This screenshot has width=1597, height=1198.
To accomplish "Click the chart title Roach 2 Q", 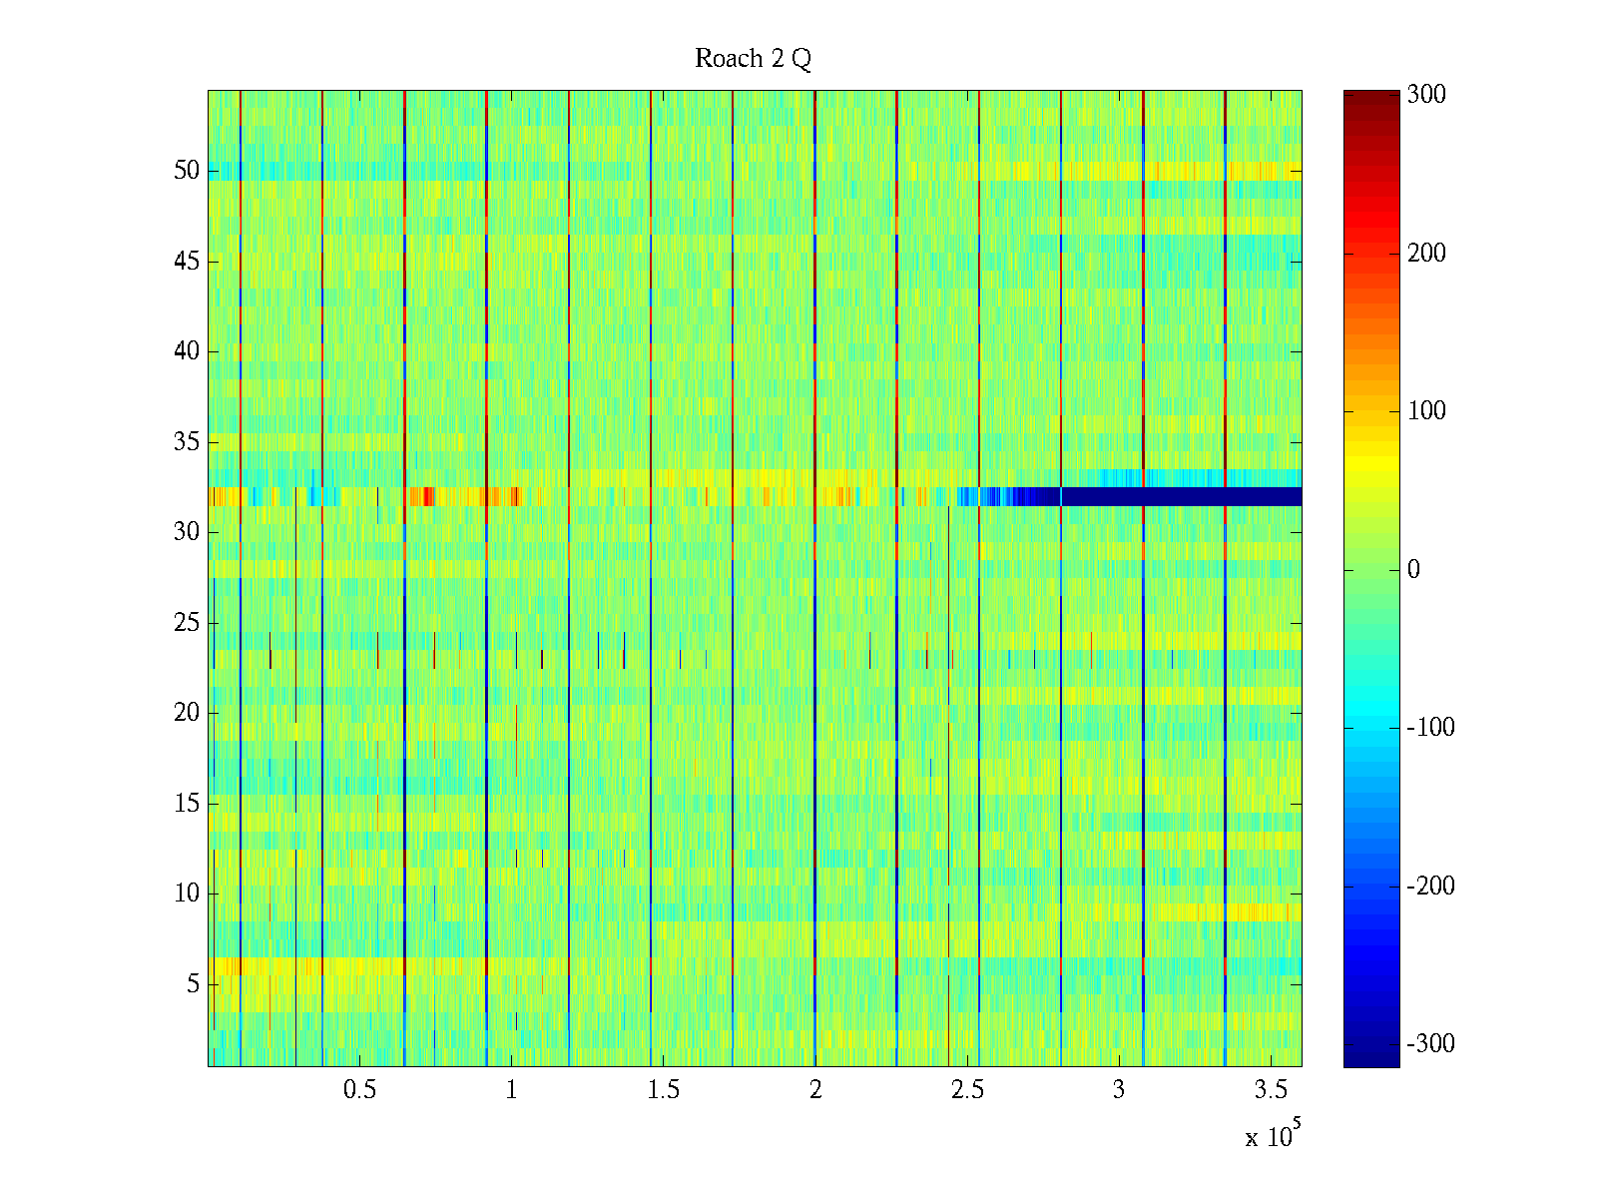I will click(753, 59).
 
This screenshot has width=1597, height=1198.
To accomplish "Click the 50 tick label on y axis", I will click(187, 171).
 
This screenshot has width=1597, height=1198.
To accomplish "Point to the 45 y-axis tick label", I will click(187, 262).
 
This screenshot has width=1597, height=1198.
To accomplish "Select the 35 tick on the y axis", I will click(187, 442).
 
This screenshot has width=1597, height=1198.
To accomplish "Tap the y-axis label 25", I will click(187, 623).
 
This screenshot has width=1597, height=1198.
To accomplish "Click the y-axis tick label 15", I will click(187, 804).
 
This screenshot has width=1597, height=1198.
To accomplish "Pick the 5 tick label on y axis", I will click(193, 984).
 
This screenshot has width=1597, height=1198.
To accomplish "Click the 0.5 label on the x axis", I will click(359, 1090).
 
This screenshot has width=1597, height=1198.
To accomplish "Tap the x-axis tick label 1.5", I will click(664, 1090).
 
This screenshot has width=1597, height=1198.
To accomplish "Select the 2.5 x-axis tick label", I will click(967, 1090).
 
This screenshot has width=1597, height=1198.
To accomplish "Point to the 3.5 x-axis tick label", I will click(1271, 1090).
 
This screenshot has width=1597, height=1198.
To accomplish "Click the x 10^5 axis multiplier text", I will click(1270, 1135).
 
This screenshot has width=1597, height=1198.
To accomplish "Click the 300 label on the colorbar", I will click(1426, 95).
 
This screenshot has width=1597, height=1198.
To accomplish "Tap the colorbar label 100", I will click(1426, 411).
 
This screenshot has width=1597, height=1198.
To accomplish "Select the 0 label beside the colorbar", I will click(1413, 570).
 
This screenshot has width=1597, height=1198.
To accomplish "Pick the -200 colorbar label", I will click(1430, 887).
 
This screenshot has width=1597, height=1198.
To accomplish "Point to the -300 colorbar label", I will click(1430, 1044).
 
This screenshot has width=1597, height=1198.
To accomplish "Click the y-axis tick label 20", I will click(187, 713).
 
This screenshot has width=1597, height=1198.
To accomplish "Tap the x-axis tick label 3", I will click(1119, 1090).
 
